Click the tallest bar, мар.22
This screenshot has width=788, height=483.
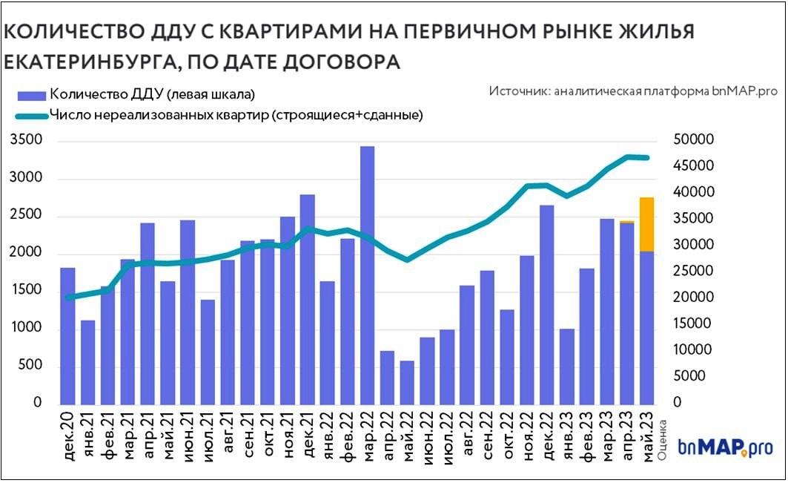coord(367,275)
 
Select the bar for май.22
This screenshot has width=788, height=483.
coord(407,382)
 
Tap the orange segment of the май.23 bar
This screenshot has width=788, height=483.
coord(646,224)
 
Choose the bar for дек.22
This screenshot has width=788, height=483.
coord(546,304)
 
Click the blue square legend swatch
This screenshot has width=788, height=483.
coord(31,94)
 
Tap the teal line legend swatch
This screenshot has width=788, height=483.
coord(31,115)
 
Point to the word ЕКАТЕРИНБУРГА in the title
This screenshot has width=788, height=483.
coord(88,62)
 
